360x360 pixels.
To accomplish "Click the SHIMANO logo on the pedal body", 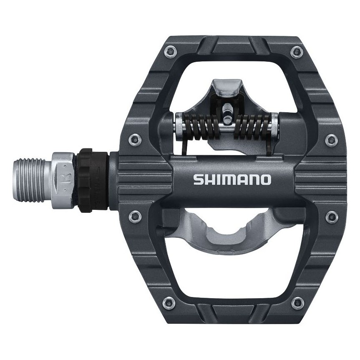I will (232, 180).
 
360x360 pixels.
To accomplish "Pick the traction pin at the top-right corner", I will (296, 52).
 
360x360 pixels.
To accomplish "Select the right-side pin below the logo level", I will (331, 215).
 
